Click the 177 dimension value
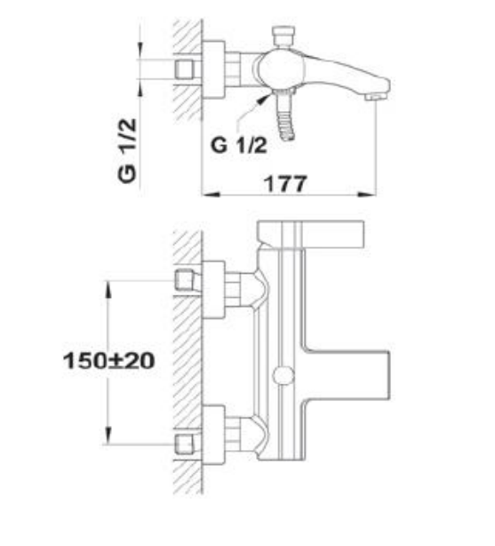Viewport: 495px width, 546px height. pos(285,184)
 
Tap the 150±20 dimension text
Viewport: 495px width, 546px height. pos(109,361)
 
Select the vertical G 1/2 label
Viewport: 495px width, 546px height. pos(127,150)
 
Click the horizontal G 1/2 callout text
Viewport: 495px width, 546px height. pos(239,145)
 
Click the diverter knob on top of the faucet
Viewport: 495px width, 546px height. pos(284,36)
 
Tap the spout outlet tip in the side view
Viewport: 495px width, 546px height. pos(375,96)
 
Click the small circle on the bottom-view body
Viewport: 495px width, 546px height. pos(283,376)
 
